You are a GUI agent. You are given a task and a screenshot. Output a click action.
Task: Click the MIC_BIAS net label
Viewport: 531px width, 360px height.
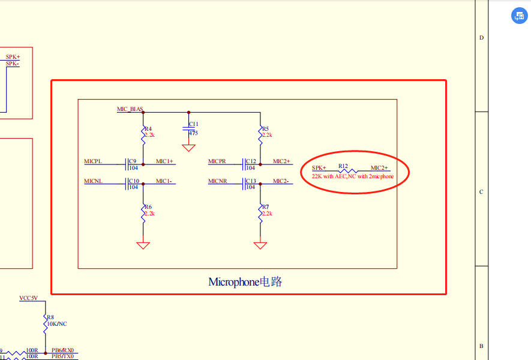(x=130, y=110)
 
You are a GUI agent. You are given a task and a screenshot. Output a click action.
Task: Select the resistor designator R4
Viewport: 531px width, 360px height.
(x=148, y=129)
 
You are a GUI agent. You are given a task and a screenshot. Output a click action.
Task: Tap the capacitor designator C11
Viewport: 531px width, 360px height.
(x=193, y=124)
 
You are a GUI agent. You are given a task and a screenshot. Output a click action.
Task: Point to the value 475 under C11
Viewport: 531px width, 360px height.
(x=193, y=133)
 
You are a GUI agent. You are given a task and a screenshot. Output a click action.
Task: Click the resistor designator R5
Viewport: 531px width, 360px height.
(x=265, y=129)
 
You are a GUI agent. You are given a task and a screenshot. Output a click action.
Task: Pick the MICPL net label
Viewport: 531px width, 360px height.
(x=93, y=161)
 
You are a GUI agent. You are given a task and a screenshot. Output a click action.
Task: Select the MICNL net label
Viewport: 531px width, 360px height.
(x=93, y=181)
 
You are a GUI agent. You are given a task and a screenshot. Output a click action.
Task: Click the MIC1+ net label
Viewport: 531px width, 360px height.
(x=164, y=161)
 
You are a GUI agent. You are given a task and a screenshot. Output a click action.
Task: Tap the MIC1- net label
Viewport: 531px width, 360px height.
(x=164, y=181)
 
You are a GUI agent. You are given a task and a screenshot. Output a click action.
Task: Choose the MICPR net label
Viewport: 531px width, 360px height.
(x=217, y=161)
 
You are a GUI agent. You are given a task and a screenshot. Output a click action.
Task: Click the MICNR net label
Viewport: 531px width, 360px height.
(x=217, y=181)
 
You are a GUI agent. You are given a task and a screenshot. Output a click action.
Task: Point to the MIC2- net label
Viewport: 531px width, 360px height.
(x=281, y=181)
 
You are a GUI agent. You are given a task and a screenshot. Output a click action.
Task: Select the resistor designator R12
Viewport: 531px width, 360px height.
(x=343, y=166)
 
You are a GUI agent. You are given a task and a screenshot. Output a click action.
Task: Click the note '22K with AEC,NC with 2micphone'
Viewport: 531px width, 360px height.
(x=353, y=177)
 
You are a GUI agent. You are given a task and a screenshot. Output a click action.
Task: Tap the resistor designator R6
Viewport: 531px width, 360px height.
(x=148, y=207)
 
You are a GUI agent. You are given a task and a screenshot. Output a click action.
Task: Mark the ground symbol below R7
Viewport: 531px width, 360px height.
(x=260, y=245)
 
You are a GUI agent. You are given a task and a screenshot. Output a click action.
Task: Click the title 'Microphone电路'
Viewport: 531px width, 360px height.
(x=245, y=282)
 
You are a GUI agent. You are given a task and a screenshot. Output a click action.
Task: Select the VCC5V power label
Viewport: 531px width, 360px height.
(x=28, y=298)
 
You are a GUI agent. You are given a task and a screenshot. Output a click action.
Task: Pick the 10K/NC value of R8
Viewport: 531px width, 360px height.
(x=57, y=323)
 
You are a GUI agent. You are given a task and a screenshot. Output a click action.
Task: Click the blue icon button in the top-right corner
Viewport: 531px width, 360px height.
(x=518, y=16)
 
